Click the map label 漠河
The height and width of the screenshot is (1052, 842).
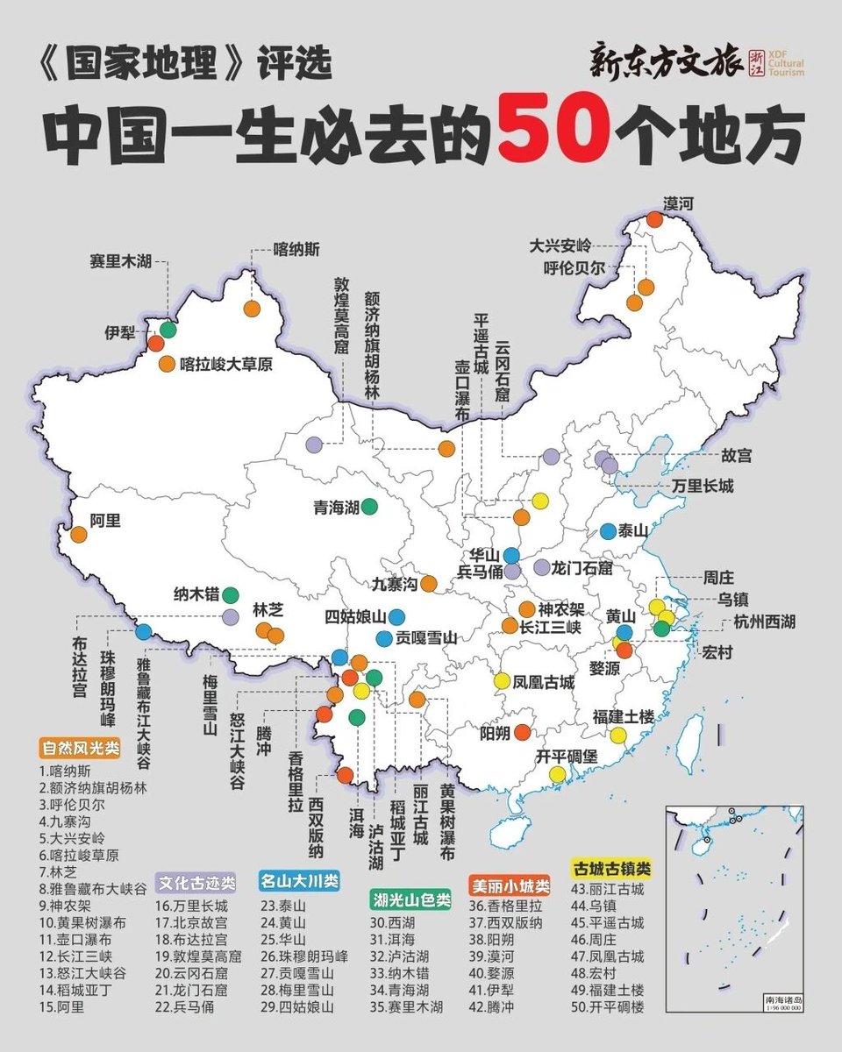click(x=679, y=203)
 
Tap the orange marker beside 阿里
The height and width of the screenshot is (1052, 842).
click(x=79, y=533)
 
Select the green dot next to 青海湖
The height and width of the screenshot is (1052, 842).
click(x=369, y=506)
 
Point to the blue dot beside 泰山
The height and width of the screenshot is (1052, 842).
click(x=608, y=530)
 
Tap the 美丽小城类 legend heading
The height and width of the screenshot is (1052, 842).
click(x=510, y=885)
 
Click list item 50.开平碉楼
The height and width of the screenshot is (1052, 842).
click(x=607, y=1007)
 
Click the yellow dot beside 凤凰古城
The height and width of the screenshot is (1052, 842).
click(x=502, y=680)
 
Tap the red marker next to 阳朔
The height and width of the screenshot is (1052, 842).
click(x=522, y=732)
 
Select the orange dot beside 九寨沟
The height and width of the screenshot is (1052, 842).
click(x=429, y=583)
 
